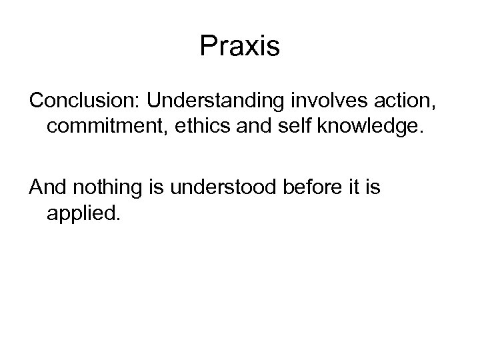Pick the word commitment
coord(105,129)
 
